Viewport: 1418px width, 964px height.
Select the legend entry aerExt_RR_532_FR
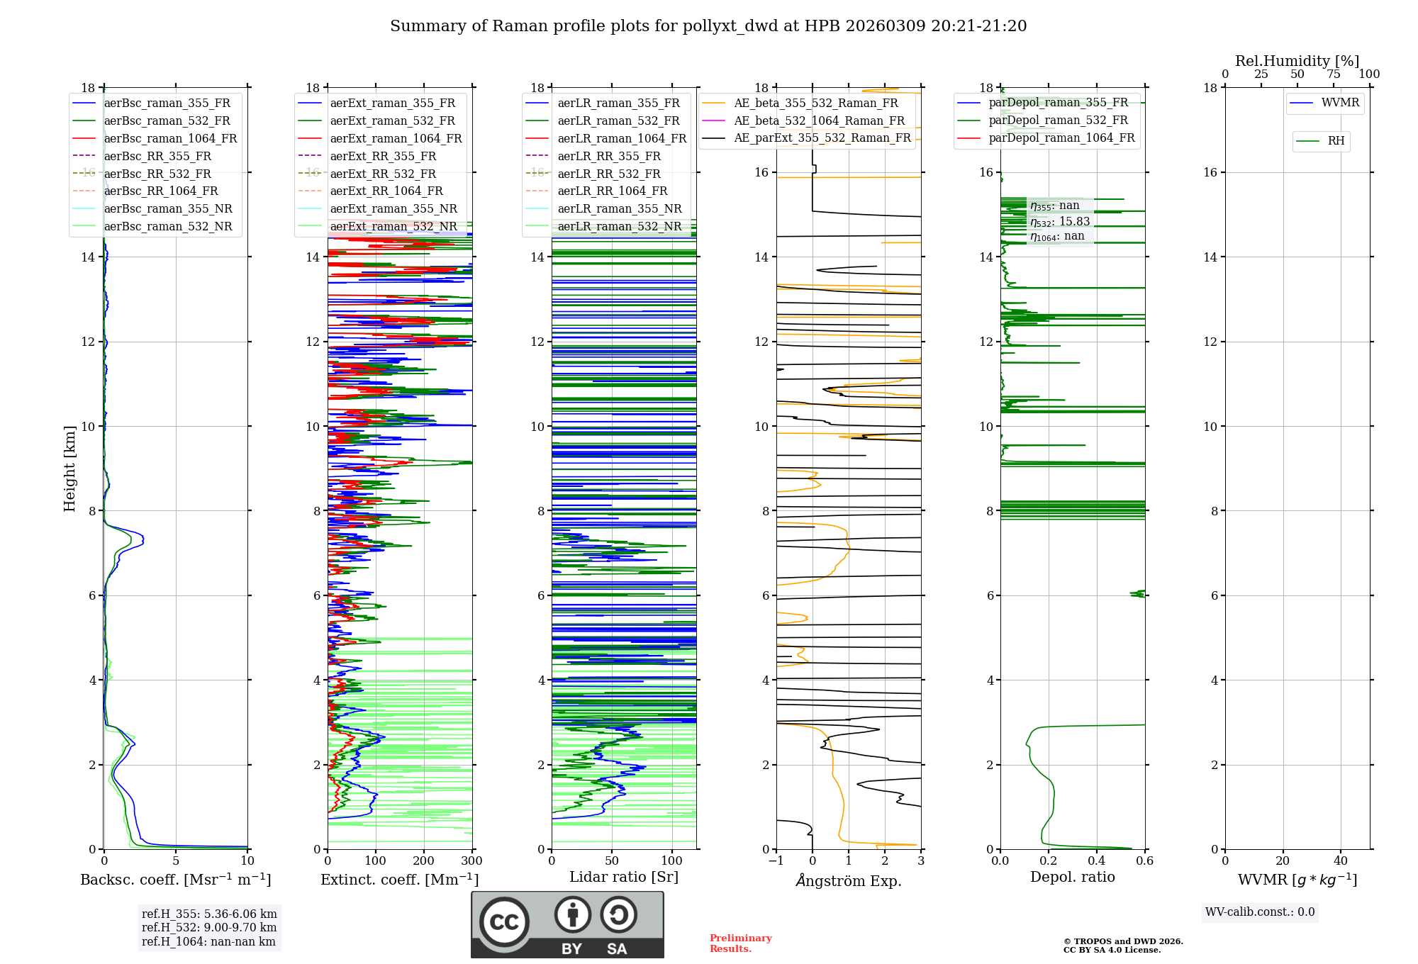(383, 174)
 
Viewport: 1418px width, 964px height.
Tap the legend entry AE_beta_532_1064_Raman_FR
(819, 121)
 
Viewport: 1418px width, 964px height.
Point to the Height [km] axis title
(69, 468)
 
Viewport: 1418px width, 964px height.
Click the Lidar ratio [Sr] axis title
(624, 878)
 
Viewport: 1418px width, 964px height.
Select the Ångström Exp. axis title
(849, 881)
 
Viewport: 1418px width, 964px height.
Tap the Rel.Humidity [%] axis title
(1297, 61)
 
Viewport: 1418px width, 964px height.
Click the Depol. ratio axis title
(1072, 878)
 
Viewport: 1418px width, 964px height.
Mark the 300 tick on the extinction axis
(471, 861)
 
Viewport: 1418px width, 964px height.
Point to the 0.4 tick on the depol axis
(1097, 861)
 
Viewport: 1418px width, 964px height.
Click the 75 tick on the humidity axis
(1333, 74)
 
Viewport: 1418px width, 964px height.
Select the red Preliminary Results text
(740, 943)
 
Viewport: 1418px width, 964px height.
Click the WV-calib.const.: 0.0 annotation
(1259, 912)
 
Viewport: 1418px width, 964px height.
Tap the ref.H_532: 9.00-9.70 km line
(209, 928)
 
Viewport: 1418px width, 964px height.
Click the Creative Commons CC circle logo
(504, 922)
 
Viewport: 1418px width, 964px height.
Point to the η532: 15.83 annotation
(1060, 222)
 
